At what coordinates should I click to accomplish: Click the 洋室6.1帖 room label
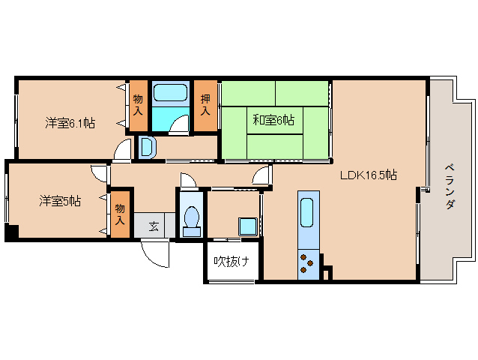point(70,123)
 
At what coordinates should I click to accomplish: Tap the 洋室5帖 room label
point(60,201)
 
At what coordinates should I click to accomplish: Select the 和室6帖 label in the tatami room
point(273,120)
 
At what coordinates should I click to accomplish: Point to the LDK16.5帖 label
point(369,175)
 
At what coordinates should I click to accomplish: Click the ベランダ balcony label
point(450,187)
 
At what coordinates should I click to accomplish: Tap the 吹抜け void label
point(232,261)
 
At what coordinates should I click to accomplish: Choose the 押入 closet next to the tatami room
point(205,105)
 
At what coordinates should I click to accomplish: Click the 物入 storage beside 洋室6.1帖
point(138,105)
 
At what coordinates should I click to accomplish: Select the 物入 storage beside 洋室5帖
point(120,214)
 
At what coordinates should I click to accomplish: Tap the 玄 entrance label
point(154,226)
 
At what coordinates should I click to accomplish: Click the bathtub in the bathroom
point(170,92)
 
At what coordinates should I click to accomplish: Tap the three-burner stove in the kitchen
point(306,263)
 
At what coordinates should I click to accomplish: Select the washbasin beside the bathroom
point(147,147)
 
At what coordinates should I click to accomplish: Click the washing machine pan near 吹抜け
point(248,226)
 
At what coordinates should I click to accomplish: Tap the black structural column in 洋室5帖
point(11,231)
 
